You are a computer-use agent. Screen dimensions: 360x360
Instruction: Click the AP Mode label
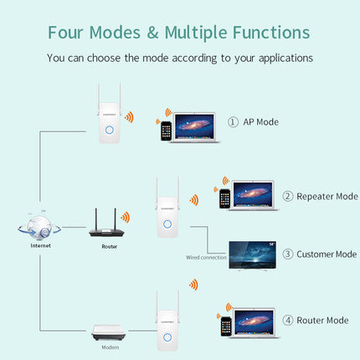(x=260, y=121)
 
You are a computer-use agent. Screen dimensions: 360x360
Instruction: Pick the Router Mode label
(x=314, y=320)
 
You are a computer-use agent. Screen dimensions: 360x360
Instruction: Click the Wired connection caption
(x=206, y=258)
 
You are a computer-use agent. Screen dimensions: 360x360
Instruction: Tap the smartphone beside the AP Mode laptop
(x=167, y=131)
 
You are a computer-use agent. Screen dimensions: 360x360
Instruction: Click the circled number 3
(x=287, y=253)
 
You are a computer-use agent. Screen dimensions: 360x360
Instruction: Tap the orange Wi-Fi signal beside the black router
(x=125, y=217)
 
